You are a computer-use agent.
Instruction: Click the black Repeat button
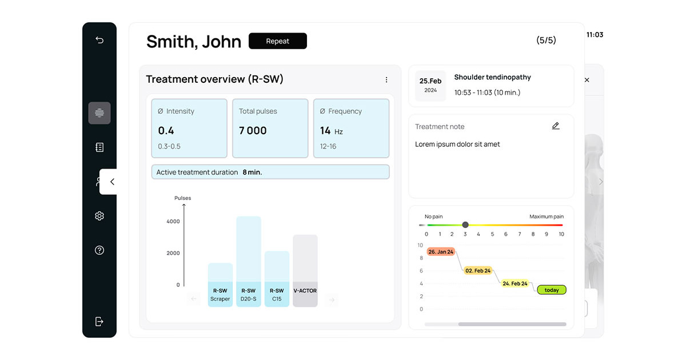tap(277, 41)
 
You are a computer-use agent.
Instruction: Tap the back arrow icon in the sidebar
tap(99, 40)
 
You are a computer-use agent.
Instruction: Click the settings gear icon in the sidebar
tap(99, 216)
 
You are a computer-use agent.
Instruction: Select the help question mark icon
tap(99, 250)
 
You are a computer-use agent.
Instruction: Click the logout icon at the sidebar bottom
tap(99, 321)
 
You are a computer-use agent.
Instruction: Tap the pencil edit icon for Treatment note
tap(556, 126)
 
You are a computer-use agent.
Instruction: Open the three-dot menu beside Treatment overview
tap(386, 79)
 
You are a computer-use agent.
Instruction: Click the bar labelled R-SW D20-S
tap(248, 262)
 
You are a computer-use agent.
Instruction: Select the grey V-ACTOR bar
tap(305, 271)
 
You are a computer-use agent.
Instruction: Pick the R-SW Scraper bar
tap(220, 285)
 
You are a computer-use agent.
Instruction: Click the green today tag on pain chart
tap(552, 290)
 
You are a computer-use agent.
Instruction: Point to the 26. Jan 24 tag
tap(441, 251)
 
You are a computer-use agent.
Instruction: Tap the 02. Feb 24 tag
tap(478, 271)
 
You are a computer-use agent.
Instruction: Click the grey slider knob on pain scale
tap(465, 225)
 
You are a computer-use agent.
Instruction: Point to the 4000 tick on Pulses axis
tap(173, 221)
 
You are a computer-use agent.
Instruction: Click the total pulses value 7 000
tap(253, 131)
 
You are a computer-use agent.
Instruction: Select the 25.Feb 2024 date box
tap(430, 85)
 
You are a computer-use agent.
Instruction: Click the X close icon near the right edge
tap(587, 80)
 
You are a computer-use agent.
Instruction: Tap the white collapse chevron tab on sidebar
tap(108, 182)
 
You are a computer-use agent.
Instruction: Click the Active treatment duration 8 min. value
tap(252, 173)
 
